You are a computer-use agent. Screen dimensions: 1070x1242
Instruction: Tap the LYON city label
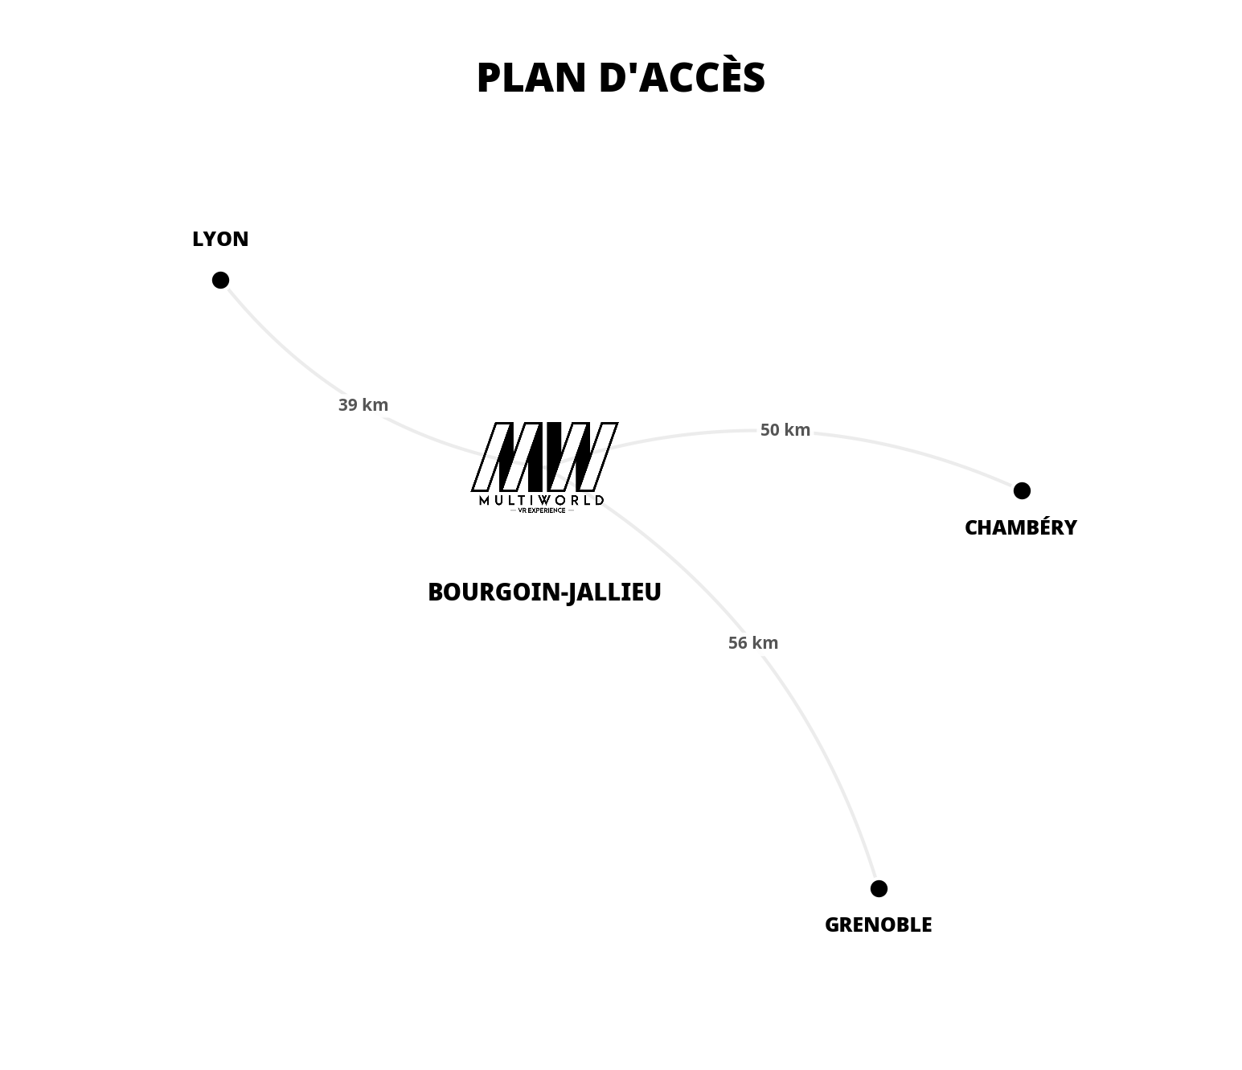pos(220,239)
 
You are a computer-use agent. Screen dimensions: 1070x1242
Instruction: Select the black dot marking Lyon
pos(220,280)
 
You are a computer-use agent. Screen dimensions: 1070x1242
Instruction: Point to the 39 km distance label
pos(363,405)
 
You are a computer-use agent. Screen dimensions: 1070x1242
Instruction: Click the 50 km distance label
pos(785,430)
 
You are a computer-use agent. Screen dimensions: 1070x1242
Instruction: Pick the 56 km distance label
pos(753,643)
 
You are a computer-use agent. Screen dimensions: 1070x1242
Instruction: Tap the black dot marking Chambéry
pos(1022,490)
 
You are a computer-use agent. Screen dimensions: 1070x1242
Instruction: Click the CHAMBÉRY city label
pos(1020,527)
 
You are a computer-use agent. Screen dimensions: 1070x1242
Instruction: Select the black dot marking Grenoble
pos(879,888)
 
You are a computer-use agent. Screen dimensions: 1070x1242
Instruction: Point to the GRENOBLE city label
pos(878,924)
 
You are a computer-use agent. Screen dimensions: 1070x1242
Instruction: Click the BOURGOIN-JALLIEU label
pos(544,592)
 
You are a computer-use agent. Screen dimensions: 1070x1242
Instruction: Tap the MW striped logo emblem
pos(544,456)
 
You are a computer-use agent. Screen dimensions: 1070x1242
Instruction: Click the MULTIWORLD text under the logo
pos(542,500)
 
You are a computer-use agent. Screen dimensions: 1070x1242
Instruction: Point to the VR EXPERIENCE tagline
pos(542,510)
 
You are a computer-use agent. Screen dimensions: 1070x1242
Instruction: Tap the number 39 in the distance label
pos(348,405)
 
